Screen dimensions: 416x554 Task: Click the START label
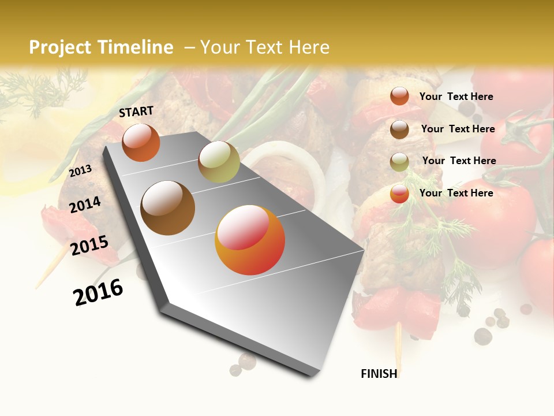136,112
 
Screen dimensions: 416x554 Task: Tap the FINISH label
379,374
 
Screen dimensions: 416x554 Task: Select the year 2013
80,170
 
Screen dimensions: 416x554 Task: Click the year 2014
85,205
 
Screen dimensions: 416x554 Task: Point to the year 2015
89,246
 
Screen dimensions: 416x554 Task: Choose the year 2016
98,292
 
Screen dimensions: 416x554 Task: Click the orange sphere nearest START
141,142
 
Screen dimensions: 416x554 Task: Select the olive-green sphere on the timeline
219,162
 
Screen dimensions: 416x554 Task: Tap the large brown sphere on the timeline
168,208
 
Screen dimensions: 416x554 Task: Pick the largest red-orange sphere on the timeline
250,240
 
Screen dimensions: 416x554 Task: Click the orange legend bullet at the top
399,96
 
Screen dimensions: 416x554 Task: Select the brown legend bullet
399,129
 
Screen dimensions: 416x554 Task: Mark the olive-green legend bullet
399,162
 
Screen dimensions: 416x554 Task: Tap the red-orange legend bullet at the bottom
399,194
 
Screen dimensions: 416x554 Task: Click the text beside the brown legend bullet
458,129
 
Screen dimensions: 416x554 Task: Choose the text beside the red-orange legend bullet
456,193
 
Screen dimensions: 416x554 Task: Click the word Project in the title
59,47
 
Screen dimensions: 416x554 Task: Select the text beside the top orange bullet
456,96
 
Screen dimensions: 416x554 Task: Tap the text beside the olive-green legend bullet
459,161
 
